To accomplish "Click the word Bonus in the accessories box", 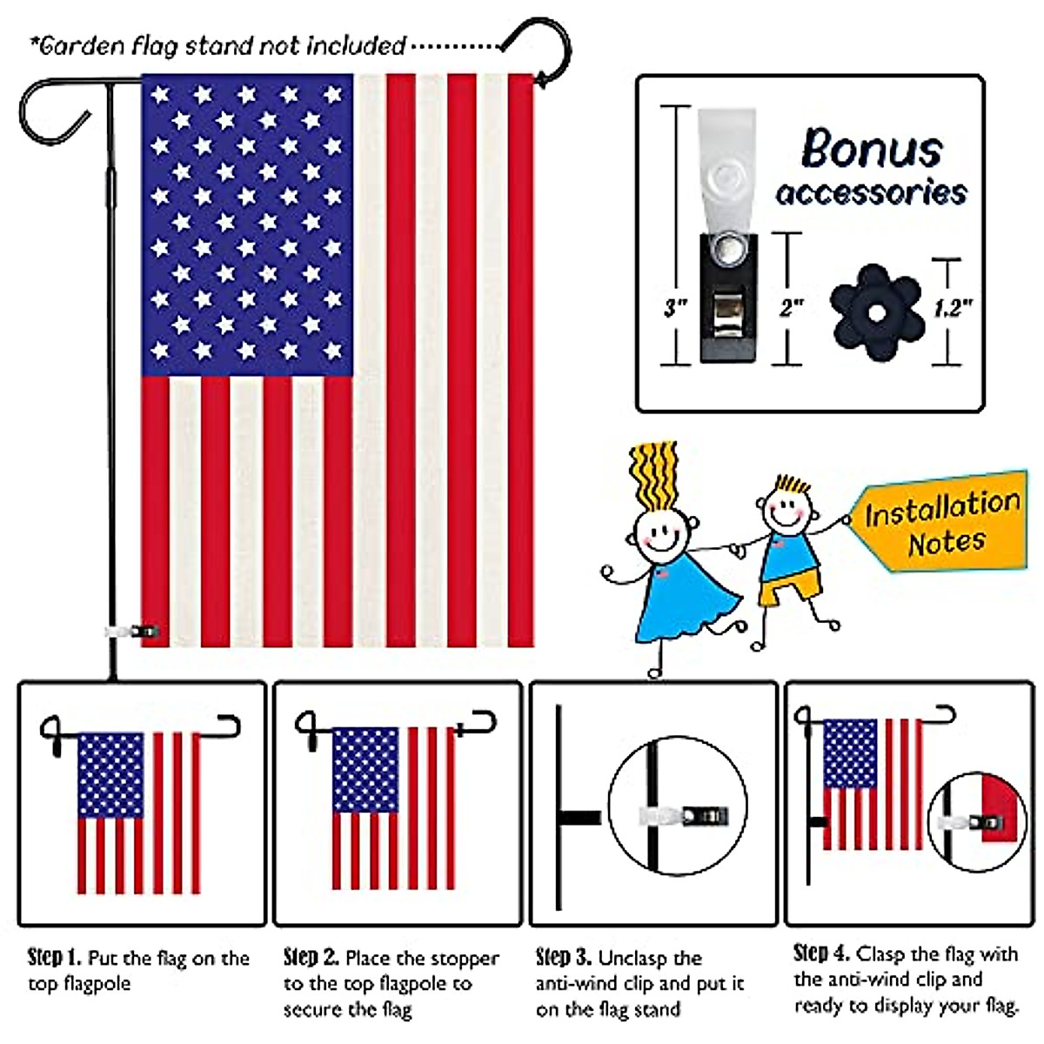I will click(x=872, y=149).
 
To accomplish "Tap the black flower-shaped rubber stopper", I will click(x=875, y=311).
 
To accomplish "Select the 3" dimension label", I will click(x=676, y=307).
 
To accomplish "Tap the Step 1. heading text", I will click(x=54, y=958).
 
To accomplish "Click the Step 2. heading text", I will click(x=311, y=958).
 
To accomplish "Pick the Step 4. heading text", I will click(x=821, y=953).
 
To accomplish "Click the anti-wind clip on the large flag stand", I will click(x=135, y=630).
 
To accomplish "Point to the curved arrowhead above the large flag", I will click(x=543, y=80).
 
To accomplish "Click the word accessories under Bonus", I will click(x=872, y=191).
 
